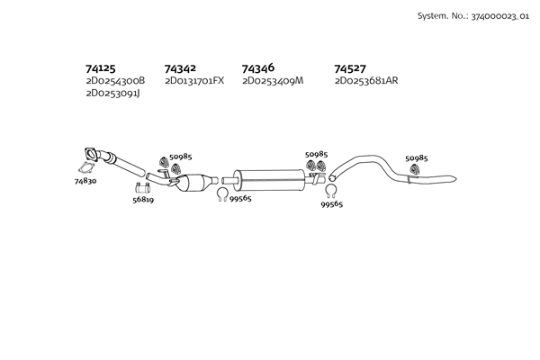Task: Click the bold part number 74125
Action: click(x=101, y=68)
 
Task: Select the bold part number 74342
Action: click(x=180, y=68)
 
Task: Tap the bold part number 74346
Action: click(x=258, y=68)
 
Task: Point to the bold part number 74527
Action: click(x=350, y=68)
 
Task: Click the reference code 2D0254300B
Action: click(x=115, y=81)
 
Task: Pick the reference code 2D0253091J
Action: click(x=113, y=94)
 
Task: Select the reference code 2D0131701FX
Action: click(x=194, y=81)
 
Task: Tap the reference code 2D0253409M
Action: click(x=273, y=81)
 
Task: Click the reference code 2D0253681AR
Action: click(x=366, y=81)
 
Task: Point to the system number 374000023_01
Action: click(x=500, y=16)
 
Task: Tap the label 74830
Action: click(x=85, y=181)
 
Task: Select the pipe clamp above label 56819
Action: click(x=142, y=188)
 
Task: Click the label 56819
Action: click(x=143, y=200)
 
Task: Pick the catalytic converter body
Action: click(x=193, y=183)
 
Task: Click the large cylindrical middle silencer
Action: click(x=268, y=180)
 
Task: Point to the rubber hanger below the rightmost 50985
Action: click(x=414, y=168)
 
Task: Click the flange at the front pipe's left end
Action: click(x=91, y=154)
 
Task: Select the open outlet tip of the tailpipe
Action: click(x=454, y=179)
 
